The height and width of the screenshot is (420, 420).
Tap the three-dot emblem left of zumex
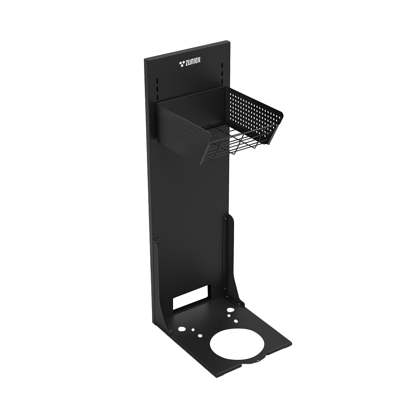[182, 63]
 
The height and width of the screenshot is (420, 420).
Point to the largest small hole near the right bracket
[230, 310]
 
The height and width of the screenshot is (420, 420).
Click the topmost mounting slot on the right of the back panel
[222, 65]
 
